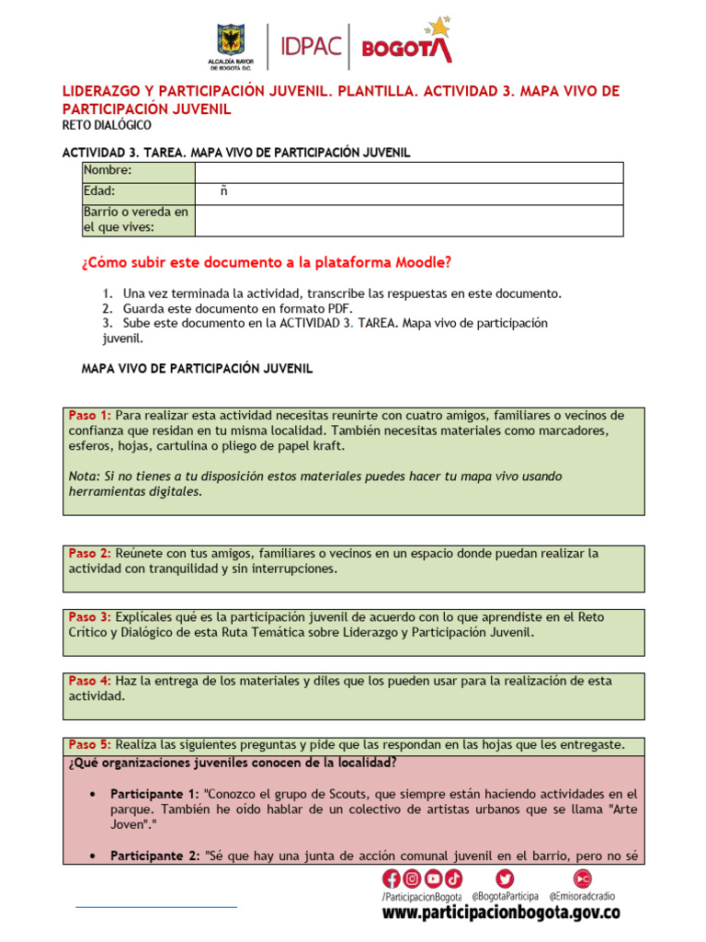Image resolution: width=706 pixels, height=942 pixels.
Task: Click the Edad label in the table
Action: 99,191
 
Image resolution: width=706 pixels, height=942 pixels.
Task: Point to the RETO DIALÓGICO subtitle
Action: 107,125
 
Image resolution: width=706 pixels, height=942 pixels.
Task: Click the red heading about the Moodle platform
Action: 267,262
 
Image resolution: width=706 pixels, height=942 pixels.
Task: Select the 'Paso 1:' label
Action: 90,415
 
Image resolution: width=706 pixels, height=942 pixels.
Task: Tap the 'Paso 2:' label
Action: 90,553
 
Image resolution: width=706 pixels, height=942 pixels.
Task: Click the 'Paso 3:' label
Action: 90,616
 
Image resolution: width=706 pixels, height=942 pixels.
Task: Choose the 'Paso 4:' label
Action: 90,681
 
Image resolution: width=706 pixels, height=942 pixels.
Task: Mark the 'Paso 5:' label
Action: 90,744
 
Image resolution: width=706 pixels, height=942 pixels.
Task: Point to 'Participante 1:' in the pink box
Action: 154,793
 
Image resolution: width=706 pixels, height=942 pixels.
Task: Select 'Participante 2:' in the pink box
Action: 154,856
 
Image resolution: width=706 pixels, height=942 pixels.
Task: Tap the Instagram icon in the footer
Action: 412,879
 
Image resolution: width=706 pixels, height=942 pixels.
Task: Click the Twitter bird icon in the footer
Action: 505,879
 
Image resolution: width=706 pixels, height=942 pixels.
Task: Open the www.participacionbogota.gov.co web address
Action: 501,913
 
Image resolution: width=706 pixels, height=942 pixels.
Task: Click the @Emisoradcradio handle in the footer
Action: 582,895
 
